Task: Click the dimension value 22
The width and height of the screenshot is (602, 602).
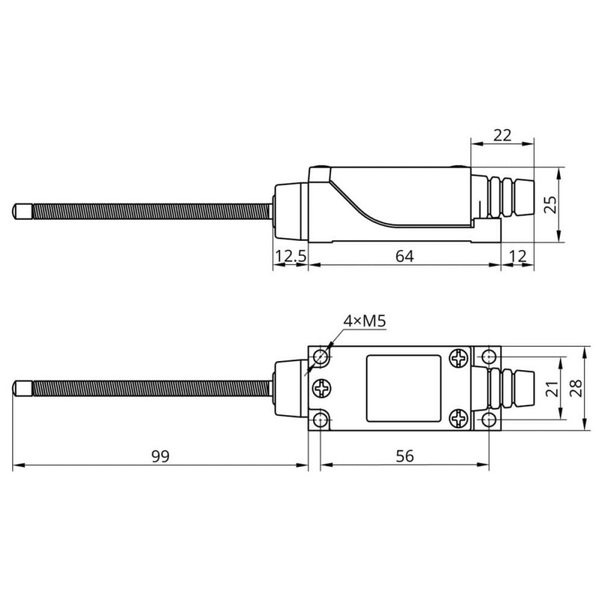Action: point(501,135)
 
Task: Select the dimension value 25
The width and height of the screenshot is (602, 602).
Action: point(573,204)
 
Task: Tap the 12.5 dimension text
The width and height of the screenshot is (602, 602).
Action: point(290,257)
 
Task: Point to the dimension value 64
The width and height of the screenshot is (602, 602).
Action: point(405,257)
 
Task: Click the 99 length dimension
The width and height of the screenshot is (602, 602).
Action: point(160,457)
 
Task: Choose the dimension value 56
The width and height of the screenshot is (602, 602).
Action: point(405,457)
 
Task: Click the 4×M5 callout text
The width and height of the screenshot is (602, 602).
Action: point(364,322)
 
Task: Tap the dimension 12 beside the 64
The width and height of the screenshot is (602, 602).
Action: point(518,257)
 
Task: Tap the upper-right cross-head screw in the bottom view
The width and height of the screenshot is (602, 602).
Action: point(458,358)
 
